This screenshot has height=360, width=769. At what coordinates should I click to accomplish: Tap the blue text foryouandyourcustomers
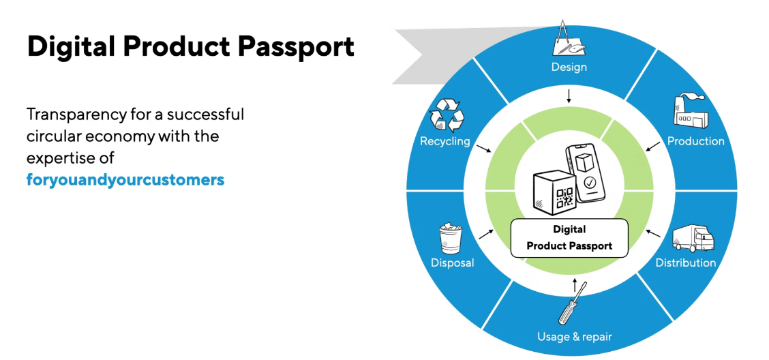click(125, 180)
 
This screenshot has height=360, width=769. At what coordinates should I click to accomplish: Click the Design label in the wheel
click(569, 67)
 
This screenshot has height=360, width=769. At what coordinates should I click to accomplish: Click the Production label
click(695, 141)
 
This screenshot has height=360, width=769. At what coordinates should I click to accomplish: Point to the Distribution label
click(685, 262)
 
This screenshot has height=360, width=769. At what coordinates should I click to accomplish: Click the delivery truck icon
click(693, 238)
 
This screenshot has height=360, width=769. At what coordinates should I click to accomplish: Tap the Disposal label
click(452, 262)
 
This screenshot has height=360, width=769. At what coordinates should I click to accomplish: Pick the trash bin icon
click(450, 238)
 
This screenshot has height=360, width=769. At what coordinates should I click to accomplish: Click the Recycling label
click(445, 141)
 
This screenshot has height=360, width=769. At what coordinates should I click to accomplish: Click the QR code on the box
click(564, 197)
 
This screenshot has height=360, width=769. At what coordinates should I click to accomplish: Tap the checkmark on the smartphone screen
click(588, 183)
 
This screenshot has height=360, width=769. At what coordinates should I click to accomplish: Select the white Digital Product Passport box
click(569, 237)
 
